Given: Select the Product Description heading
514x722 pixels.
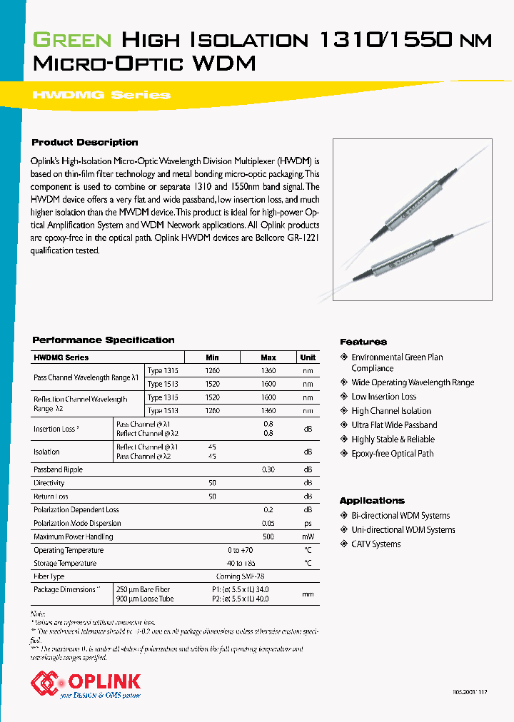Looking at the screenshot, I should click(85, 143).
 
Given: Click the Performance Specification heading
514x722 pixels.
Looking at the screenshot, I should click(104, 340).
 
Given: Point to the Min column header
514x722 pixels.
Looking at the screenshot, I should click(212, 357).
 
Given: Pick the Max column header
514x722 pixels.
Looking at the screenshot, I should click(268, 357).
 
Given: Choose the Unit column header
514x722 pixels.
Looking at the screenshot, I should click(308, 357).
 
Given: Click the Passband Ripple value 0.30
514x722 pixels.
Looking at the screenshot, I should click(268, 469).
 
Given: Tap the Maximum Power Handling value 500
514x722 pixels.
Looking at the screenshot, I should click(268, 537).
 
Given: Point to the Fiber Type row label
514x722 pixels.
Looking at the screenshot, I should click(49, 576).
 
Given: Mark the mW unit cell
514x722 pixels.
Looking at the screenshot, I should click(308, 537).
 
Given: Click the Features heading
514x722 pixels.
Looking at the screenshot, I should click(363, 342).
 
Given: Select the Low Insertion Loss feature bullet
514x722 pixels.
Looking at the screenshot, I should click(383, 397).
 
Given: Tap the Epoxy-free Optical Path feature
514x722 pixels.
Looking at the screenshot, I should click(392, 454).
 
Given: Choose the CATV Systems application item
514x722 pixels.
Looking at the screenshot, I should click(376, 544).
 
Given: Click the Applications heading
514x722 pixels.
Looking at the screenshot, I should click(372, 501).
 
